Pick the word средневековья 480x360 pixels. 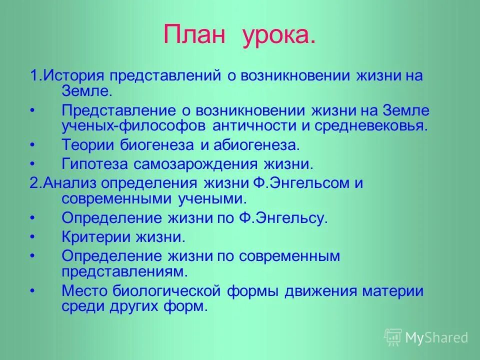pyautogui.click(x=371, y=125)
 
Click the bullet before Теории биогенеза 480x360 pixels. pyautogui.click(x=33, y=145)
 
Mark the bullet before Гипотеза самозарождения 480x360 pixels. pyautogui.click(x=33, y=164)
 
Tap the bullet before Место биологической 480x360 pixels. pyautogui.click(x=33, y=291)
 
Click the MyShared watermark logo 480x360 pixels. pyautogui.click(x=425, y=337)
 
